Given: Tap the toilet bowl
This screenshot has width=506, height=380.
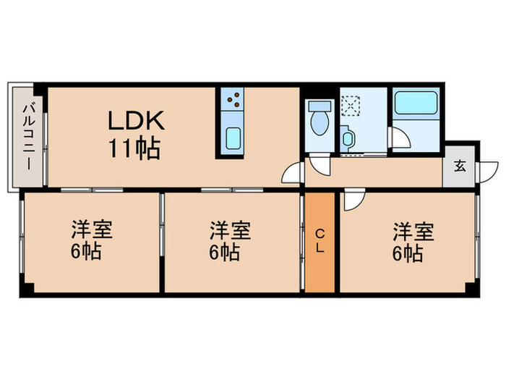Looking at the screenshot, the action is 318,120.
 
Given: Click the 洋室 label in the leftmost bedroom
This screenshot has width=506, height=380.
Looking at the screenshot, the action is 90,232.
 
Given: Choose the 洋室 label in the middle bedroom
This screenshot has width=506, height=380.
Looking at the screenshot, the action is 230,232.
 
